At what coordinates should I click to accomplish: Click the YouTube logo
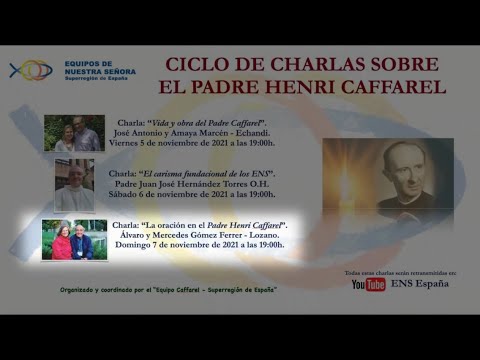pyautogui.click(x=368, y=284)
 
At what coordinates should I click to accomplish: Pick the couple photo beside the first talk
pyautogui.click(x=74, y=134)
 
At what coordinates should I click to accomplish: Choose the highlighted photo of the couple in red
pyautogui.click(x=74, y=240)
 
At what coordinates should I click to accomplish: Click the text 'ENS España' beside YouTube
pyautogui.click(x=419, y=284)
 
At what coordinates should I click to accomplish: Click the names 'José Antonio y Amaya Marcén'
pyautogui.click(x=176, y=131)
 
